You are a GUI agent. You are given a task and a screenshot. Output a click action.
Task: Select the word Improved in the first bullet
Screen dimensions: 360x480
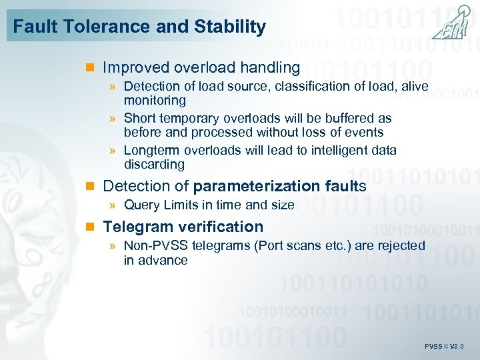136,67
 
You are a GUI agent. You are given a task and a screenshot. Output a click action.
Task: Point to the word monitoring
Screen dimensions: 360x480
155,101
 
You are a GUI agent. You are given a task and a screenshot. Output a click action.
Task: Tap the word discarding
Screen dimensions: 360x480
154,164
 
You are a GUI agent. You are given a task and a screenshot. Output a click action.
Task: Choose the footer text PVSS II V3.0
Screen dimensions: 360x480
444,347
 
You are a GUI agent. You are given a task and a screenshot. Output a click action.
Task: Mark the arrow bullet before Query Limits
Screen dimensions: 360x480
114,205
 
